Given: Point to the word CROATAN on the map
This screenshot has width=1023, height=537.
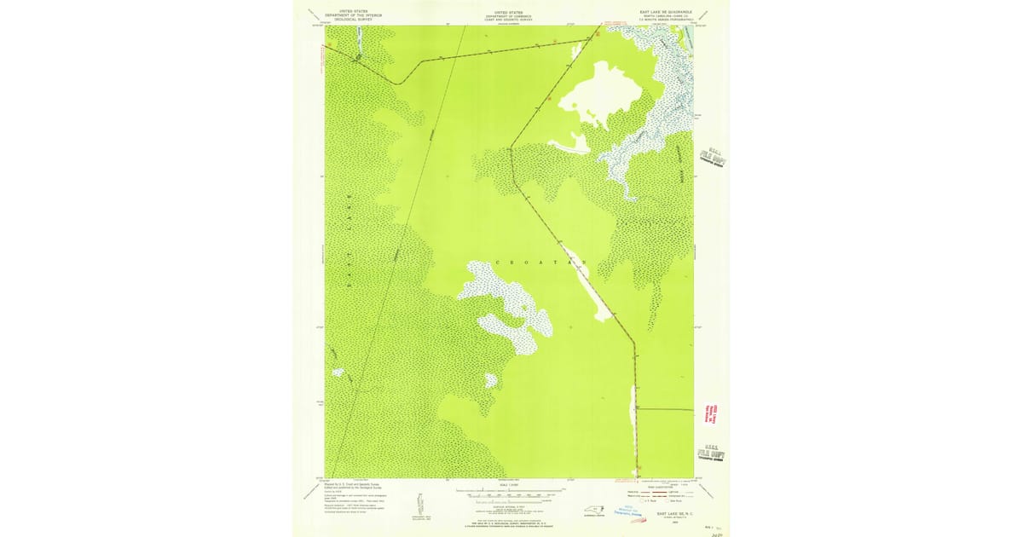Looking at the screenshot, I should click(x=539, y=263).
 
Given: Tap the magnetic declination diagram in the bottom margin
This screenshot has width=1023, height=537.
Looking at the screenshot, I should click(x=419, y=503).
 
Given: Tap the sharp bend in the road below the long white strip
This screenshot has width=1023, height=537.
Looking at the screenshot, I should click(x=635, y=344).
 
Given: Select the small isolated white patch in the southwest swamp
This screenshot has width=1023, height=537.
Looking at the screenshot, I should click(x=338, y=372).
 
